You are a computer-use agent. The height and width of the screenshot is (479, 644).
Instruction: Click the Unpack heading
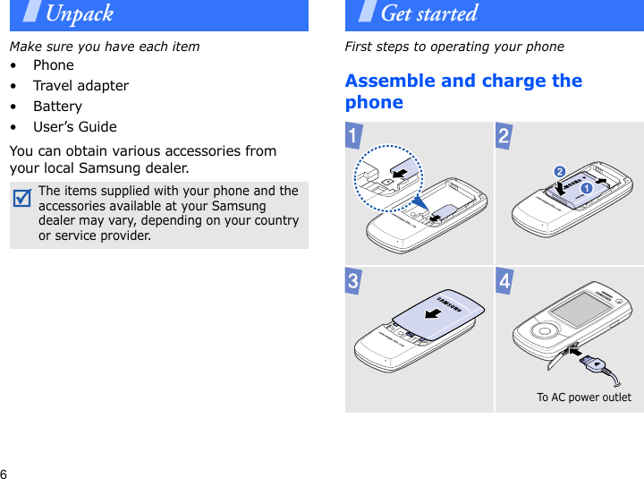tap(79, 13)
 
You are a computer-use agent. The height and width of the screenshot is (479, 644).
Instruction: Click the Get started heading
tap(428, 13)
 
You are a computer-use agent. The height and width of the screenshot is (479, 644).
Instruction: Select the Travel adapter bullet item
tap(80, 86)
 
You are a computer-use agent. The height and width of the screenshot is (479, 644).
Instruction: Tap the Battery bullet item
tap(57, 107)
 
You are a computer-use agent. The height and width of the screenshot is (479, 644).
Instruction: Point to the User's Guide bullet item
tap(75, 127)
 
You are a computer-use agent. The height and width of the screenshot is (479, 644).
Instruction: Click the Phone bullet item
tap(54, 65)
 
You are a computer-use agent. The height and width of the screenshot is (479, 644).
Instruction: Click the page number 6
tap(4, 472)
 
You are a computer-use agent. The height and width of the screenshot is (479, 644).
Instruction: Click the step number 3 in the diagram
tap(357, 282)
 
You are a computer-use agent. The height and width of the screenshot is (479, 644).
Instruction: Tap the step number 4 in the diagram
tap(505, 282)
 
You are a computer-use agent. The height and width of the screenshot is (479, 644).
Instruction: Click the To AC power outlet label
tap(583, 398)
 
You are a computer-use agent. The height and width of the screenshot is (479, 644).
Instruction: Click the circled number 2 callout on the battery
tap(560, 171)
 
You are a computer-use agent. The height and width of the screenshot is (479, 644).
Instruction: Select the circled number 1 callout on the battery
tap(588, 190)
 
